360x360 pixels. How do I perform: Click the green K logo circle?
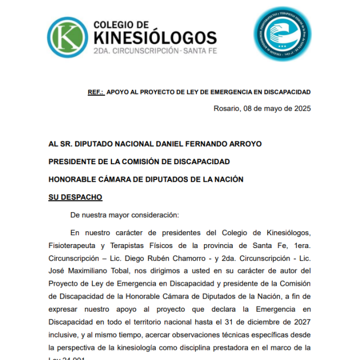point(67,38)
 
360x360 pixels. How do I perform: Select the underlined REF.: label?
point(96,92)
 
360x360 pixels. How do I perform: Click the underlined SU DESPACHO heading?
point(75,197)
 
